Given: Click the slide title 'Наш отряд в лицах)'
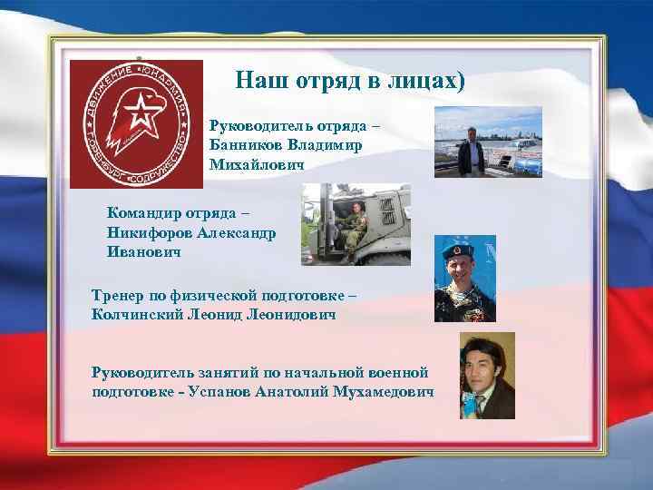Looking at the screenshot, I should click(x=349, y=81).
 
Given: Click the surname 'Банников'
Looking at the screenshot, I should click(x=247, y=144).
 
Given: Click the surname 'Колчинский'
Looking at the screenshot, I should click(x=139, y=314).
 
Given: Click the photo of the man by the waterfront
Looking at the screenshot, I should click(x=488, y=141).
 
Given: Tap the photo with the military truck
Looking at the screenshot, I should click(x=355, y=224).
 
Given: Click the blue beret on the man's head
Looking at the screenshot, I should click(x=462, y=248).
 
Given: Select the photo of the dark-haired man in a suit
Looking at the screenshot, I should click(x=487, y=375).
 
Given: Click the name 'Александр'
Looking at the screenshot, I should click(x=236, y=232).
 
